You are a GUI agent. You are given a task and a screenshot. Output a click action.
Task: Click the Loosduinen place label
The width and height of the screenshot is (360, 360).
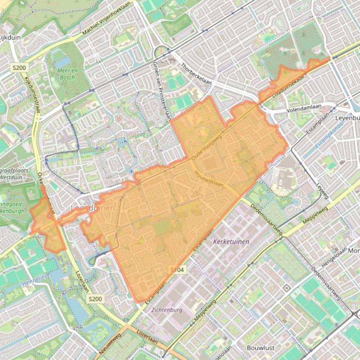92,208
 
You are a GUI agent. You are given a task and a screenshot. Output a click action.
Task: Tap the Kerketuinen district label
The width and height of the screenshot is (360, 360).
231,242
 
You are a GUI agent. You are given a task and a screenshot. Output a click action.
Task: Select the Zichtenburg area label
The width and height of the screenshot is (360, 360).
166,310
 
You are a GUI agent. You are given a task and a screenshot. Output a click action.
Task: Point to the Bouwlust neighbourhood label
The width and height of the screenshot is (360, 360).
260,348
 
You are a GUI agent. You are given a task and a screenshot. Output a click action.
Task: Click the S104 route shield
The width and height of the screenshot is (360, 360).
178,270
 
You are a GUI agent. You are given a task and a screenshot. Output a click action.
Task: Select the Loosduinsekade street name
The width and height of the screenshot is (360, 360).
288,85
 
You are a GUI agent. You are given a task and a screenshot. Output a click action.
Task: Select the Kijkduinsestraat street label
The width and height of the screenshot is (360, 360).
32,96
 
